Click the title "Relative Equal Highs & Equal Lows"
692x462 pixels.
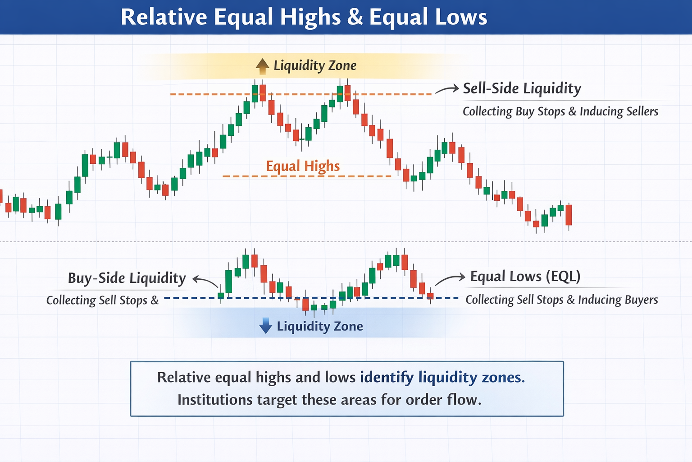pyautogui.click(x=304, y=17)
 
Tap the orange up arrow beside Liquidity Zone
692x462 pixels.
pyautogui.click(x=262, y=66)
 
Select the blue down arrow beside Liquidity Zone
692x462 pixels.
pyautogui.click(x=266, y=325)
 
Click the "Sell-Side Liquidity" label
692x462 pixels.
pyautogui.click(x=522, y=88)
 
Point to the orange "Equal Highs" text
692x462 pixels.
pyautogui.click(x=303, y=166)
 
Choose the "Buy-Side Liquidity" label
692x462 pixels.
pyautogui.click(x=127, y=278)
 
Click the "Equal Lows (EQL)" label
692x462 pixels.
pyautogui.click(x=525, y=276)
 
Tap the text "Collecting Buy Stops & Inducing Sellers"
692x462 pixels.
pyautogui.click(x=560, y=111)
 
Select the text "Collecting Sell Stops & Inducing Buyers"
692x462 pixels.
pyautogui.click(x=561, y=300)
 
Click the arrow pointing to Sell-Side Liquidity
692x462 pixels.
pyautogui.click(x=446, y=89)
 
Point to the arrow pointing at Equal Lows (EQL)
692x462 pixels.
pyautogui.click(x=450, y=278)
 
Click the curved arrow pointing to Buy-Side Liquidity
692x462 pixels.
pyautogui.click(x=205, y=282)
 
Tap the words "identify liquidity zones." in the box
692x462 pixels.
pyautogui.click(x=442, y=377)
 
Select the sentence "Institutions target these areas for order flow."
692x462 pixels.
pyautogui.click(x=329, y=400)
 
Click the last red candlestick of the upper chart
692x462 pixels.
pyautogui.click(x=569, y=215)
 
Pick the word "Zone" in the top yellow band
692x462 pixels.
pyautogui.click(x=342, y=66)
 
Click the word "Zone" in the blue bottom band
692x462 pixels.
pyautogui.click(x=348, y=326)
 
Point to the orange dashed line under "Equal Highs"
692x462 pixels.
pyautogui.click(x=306, y=176)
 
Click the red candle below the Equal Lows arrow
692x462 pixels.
pyautogui.click(x=430, y=296)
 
